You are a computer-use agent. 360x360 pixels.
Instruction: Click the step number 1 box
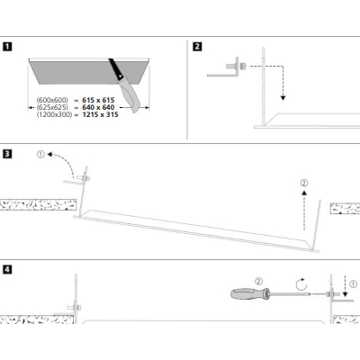[7, 47]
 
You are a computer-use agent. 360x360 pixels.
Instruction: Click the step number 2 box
[197, 47]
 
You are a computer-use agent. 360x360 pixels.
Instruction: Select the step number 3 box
[7, 154]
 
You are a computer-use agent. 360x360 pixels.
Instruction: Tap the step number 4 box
[7, 269]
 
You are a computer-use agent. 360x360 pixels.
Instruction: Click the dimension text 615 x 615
[98, 100]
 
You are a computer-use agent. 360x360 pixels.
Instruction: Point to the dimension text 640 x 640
[98, 107]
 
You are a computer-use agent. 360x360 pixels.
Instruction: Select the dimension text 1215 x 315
[100, 114]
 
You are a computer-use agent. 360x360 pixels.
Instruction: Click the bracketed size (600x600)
[52, 100]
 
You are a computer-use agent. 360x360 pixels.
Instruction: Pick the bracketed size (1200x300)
[54, 114]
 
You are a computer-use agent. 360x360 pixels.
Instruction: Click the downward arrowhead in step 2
[283, 98]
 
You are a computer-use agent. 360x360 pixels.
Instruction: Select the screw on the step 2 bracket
[243, 66]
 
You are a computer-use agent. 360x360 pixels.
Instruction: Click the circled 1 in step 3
[40, 155]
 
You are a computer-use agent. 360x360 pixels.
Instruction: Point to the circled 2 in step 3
[304, 183]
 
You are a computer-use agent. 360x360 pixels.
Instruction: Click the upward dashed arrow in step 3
[304, 210]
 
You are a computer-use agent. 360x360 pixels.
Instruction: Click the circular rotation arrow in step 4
[301, 284]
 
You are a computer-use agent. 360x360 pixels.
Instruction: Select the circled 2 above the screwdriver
[258, 282]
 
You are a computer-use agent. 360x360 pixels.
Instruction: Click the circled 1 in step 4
[354, 283]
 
